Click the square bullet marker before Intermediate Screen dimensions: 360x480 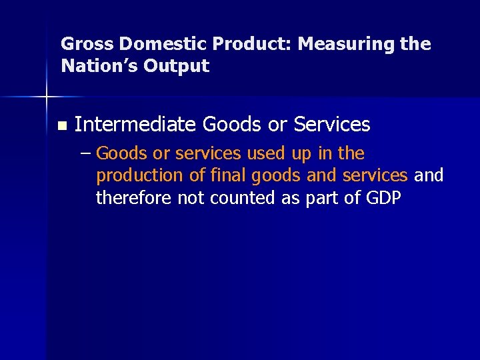(62, 125)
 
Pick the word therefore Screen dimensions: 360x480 (133, 198)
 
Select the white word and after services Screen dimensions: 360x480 (429, 175)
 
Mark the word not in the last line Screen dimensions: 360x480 (191, 198)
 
